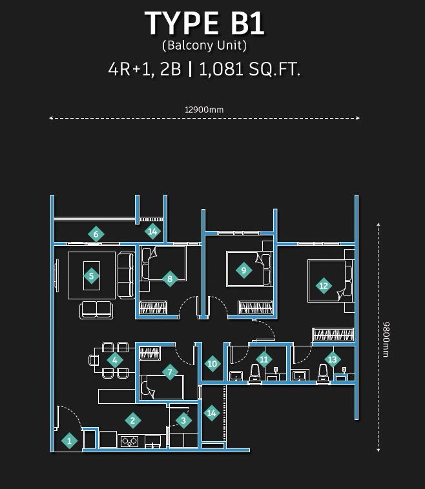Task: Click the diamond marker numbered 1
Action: (69, 441)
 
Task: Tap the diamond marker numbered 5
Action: (92, 275)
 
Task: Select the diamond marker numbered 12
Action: (324, 286)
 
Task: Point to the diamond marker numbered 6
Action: (96, 234)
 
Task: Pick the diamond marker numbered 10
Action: (212, 364)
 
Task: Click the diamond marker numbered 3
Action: (183, 421)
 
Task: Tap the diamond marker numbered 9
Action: (244, 270)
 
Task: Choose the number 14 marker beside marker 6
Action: (152, 232)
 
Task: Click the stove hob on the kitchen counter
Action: (130, 441)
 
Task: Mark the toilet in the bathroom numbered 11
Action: (255, 374)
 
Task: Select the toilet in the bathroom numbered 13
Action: (323, 374)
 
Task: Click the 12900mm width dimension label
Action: (204, 110)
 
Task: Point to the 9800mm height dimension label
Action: (386, 339)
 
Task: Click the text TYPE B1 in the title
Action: (205, 23)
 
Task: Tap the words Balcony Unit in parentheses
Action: (205, 46)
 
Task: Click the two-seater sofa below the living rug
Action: (96, 310)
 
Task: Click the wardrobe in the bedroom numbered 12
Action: (333, 335)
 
